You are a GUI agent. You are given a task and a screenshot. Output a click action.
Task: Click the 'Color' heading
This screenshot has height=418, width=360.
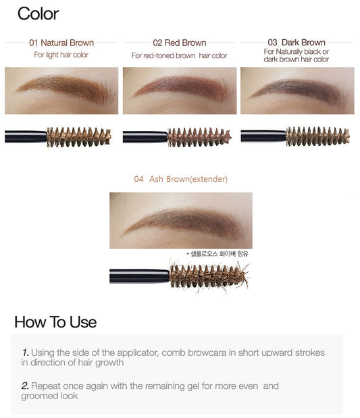38,14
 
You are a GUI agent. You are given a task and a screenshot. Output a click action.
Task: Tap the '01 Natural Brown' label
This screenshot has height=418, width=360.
61,43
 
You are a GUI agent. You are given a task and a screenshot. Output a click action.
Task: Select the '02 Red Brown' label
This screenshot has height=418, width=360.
180,43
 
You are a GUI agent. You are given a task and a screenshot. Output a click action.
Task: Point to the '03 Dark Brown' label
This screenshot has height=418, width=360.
297,43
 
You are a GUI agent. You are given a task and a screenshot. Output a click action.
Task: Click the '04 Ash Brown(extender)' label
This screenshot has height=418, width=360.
180,179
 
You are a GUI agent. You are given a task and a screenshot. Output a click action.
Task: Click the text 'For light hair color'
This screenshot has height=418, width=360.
61,55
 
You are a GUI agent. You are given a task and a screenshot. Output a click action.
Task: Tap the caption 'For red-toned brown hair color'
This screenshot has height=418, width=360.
179,55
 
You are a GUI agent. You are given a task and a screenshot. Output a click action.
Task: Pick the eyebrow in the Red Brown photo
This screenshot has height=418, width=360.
181,87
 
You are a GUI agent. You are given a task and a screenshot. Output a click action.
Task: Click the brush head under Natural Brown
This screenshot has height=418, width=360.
78,137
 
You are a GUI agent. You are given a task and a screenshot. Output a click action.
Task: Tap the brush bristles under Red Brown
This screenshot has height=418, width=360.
199,137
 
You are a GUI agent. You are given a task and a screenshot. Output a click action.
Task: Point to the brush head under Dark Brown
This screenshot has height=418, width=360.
317,136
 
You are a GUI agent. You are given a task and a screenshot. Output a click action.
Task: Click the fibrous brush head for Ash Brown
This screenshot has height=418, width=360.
209,276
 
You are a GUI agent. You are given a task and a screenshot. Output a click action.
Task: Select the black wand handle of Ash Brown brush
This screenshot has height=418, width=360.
139,276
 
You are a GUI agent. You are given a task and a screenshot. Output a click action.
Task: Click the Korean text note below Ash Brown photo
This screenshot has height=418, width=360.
217,254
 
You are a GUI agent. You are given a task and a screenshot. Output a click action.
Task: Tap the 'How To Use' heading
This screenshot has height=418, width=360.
55,322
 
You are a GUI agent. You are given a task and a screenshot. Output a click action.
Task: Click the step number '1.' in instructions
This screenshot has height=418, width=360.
26,352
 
